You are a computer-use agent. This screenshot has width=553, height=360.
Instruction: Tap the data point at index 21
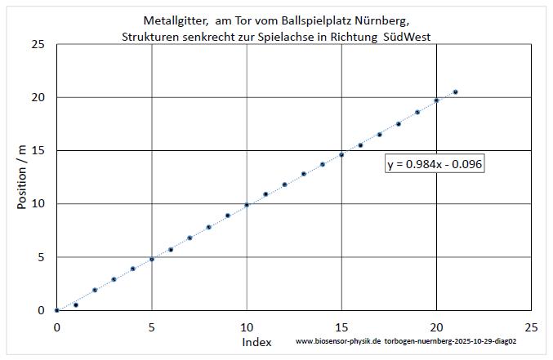click(x=456, y=92)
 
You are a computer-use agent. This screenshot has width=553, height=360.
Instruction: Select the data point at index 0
click(x=56, y=310)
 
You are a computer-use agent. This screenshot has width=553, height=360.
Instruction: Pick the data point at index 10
click(x=247, y=205)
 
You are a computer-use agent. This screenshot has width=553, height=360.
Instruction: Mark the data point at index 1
click(x=76, y=304)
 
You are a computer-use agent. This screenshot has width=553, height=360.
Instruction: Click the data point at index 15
click(x=341, y=154)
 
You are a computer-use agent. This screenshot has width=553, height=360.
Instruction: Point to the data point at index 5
click(x=152, y=259)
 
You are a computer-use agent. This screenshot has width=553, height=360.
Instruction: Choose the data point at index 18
click(x=399, y=124)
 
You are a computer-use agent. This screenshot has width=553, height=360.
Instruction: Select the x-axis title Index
click(x=256, y=342)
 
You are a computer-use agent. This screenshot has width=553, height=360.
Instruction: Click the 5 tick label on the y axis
click(x=40, y=257)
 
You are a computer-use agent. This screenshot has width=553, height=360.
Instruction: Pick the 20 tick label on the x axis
click(x=436, y=327)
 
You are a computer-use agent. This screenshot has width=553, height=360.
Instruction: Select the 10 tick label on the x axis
click(x=247, y=327)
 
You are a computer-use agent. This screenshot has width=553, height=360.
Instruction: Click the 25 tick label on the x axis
click(x=531, y=327)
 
